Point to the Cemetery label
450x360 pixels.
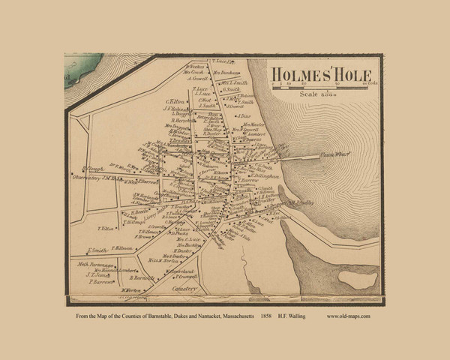pos(181,288)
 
